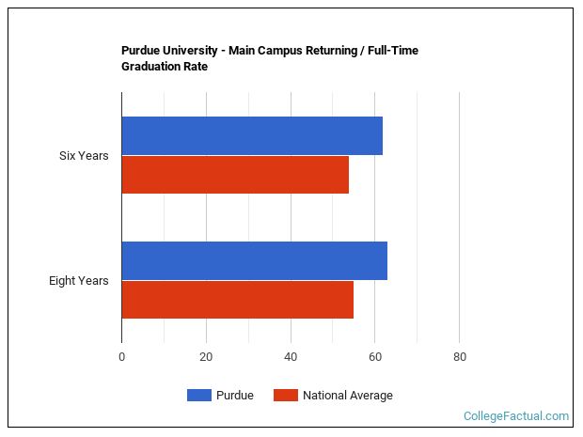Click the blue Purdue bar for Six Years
(252, 136)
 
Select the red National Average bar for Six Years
(235, 175)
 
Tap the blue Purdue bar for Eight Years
(254, 260)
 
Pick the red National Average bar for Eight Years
(237, 300)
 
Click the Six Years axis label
(84, 156)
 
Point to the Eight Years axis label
(79, 280)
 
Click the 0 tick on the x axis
(121, 357)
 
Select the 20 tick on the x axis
(206, 357)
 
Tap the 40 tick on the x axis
(291, 357)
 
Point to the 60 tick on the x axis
(375, 357)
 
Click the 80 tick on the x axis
(459, 357)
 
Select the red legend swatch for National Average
(285, 396)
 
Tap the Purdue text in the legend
(235, 396)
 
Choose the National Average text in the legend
(347, 396)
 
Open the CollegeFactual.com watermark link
(516, 415)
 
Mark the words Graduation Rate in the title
(165, 67)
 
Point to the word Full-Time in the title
(392, 51)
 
